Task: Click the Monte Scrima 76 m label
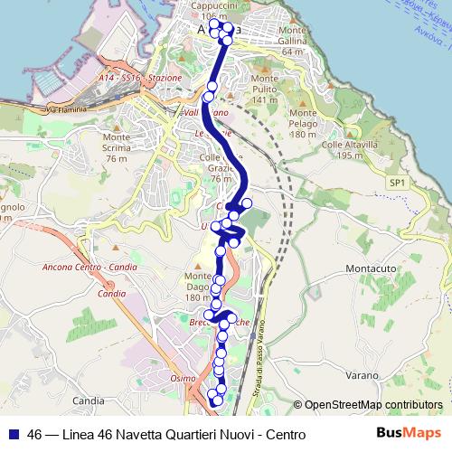click(117, 152)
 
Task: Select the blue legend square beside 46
click(12, 434)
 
